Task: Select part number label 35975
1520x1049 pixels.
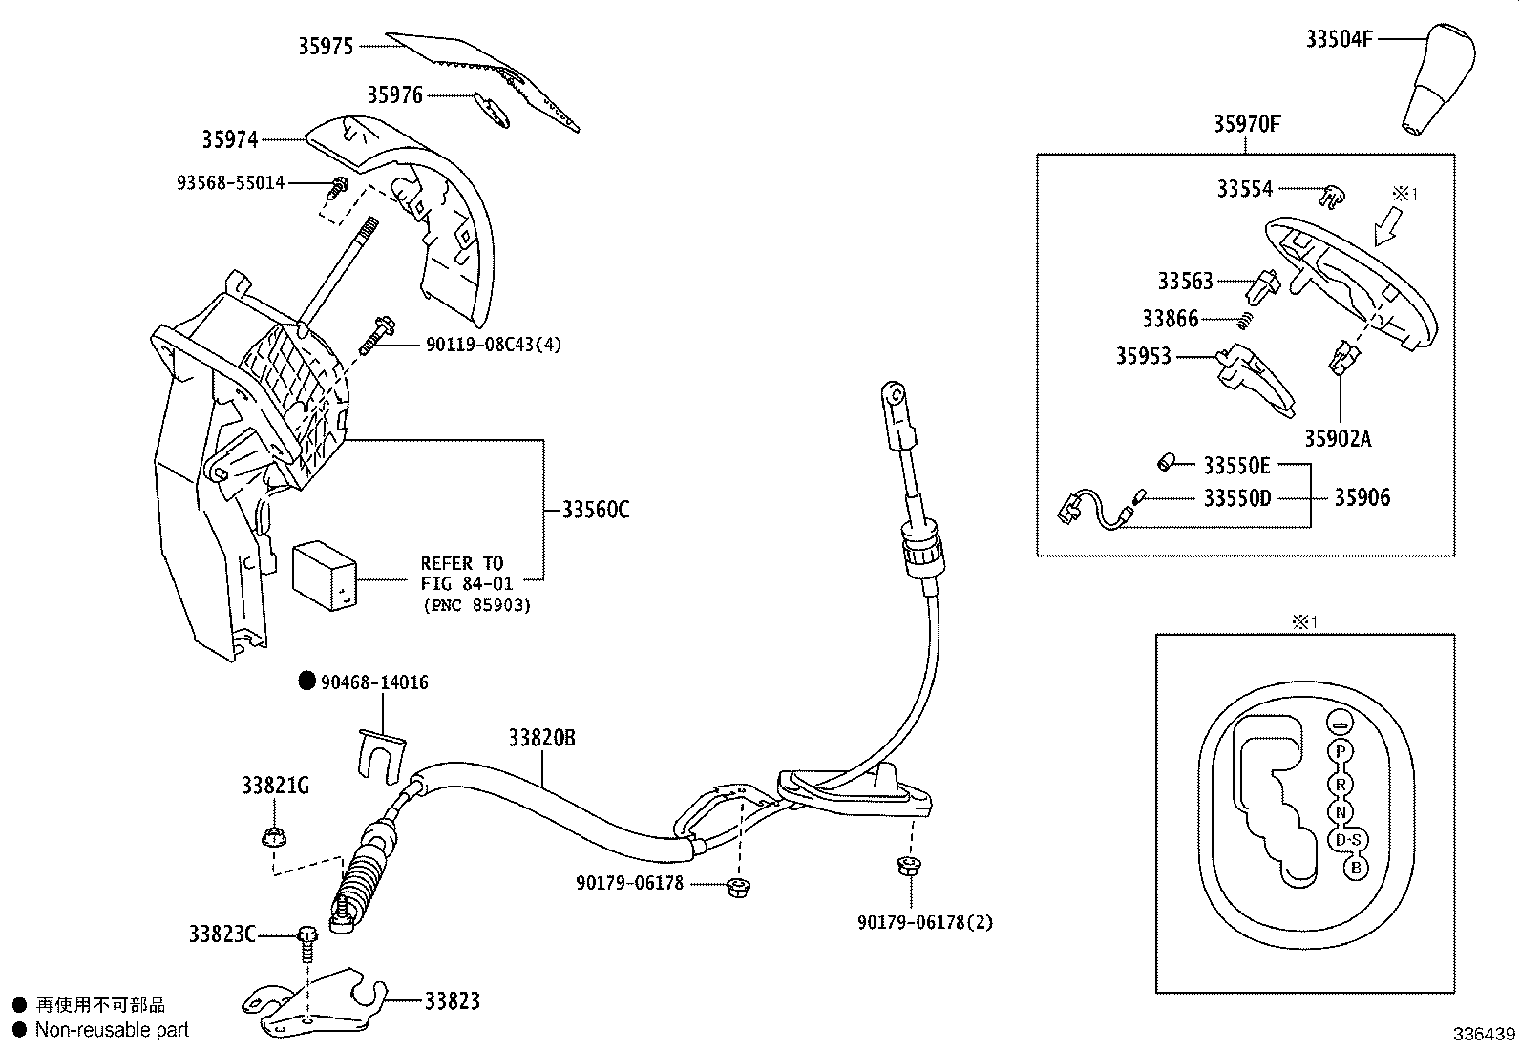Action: [326, 46]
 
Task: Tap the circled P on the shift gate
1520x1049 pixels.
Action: [1341, 751]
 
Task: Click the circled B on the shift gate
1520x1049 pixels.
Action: [1353, 868]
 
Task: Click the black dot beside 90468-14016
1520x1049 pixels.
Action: [306, 681]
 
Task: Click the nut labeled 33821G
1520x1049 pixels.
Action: [270, 837]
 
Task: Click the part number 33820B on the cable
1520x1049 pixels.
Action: [541, 738]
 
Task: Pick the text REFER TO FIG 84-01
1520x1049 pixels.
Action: [466, 573]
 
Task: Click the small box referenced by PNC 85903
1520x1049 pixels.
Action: [324, 575]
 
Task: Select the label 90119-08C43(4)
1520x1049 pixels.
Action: [493, 345]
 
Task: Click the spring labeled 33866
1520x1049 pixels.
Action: [1244, 322]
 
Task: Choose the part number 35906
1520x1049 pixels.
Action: [1362, 497]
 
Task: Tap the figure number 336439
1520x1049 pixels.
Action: [1484, 1035]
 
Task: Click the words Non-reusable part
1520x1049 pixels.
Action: [112, 1030]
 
